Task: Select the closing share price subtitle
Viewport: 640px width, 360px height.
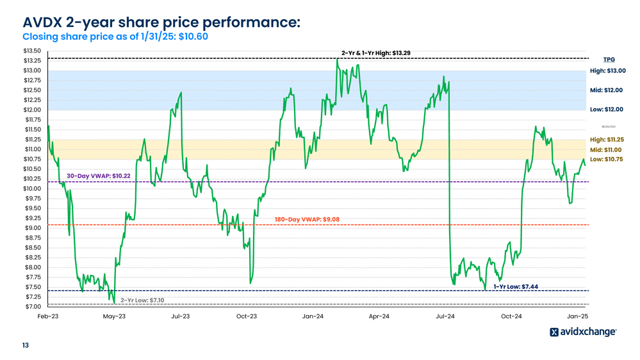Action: (115, 37)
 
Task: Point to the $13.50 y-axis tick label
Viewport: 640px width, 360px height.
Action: (32, 51)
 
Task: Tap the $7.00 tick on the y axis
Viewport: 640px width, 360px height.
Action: (32, 307)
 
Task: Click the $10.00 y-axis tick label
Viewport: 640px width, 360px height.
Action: (32, 188)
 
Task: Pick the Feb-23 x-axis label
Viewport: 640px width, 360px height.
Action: (48, 316)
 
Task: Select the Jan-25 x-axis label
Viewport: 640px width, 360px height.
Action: (577, 316)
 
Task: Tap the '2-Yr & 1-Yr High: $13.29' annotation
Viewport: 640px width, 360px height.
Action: (375, 53)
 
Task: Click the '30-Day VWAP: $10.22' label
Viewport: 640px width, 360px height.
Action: (99, 176)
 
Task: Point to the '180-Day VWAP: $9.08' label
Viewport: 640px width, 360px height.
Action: (307, 220)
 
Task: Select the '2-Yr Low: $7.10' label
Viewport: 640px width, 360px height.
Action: (142, 300)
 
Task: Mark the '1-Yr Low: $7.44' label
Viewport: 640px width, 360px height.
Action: (515, 286)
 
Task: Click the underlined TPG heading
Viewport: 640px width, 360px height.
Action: (609, 60)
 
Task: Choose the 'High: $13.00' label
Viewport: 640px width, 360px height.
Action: (607, 71)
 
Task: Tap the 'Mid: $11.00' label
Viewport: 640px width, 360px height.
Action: (607, 149)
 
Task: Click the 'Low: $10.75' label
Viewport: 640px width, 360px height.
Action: (606, 159)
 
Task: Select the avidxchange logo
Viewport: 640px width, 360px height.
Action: (583, 332)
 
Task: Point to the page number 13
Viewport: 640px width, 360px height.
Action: (26, 346)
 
